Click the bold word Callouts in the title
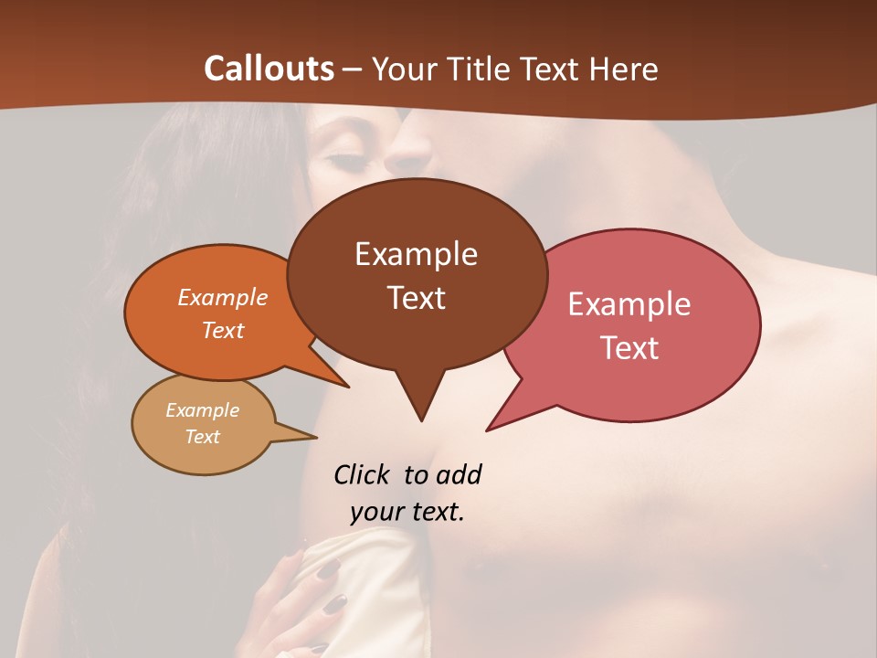coord(269,69)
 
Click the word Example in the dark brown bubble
coord(416,254)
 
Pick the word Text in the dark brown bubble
coord(416,298)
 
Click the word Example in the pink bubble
coord(629,304)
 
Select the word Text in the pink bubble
coord(629,348)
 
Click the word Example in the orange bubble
coord(223,297)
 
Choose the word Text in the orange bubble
coord(223,330)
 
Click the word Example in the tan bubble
coord(202,410)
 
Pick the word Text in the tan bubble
coord(202,437)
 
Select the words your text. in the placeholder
coord(407,512)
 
